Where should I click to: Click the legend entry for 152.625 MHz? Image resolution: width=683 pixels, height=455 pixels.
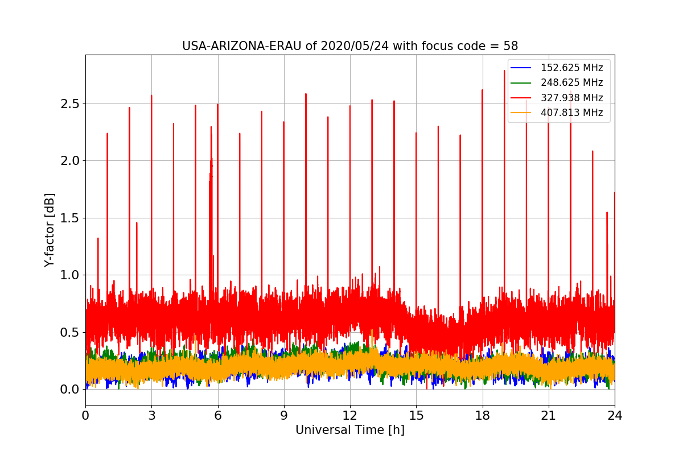tap(571, 68)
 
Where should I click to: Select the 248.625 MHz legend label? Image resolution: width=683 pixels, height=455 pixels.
tap(571, 83)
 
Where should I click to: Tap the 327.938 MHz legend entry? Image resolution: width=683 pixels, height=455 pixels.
tap(571, 98)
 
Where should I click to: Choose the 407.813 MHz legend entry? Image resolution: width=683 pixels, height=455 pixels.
tap(571, 113)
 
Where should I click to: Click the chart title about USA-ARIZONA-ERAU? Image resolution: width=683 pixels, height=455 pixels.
tap(349, 46)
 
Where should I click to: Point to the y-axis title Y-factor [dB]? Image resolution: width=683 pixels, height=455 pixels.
tap(50, 230)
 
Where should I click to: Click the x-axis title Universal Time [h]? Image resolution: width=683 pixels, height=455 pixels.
tap(349, 430)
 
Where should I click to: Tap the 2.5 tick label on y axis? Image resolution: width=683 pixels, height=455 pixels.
tap(70, 104)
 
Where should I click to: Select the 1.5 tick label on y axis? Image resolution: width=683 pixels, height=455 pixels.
tap(70, 218)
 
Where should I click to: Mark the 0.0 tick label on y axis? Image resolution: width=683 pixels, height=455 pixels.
tap(70, 390)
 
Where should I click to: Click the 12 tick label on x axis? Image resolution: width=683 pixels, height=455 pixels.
tap(350, 416)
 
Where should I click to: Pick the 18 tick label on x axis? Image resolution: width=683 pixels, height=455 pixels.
tap(482, 416)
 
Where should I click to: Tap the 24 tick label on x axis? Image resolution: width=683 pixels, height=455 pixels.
tap(614, 416)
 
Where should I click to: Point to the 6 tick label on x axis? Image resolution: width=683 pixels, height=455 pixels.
tap(217, 416)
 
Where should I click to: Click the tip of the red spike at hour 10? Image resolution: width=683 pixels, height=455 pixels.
tap(306, 94)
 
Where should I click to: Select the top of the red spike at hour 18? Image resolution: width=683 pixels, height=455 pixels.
tap(482, 90)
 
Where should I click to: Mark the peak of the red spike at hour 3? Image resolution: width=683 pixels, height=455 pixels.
tap(151, 96)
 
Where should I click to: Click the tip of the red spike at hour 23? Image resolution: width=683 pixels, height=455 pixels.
tap(593, 151)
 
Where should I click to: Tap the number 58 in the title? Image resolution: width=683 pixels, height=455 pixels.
tap(511, 46)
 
